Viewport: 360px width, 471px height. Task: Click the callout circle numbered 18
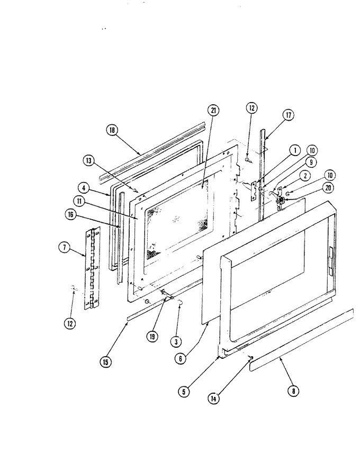pos(112,130)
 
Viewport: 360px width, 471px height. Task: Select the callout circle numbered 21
pos(213,111)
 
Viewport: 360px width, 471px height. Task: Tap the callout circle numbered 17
pos(288,115)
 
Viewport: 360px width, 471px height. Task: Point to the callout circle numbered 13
pos(88,161)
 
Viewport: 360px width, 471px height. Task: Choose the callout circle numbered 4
pos(83,188)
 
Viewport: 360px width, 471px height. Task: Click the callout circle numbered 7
pos(64,248)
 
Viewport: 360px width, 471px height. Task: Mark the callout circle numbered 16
pos(70,215)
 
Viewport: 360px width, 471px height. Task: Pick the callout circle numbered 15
pos(105,362)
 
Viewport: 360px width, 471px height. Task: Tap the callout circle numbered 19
pos(152,337)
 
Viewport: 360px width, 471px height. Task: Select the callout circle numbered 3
pos(176,341)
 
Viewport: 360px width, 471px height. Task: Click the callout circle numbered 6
pos(181,359)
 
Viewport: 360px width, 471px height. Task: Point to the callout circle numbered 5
pos(184,392)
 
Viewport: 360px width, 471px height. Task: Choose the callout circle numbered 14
pos(213,398)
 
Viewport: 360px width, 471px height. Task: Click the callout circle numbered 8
pos(294,391)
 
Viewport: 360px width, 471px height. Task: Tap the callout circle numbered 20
pos(328,188)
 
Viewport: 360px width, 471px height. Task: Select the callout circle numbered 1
pos(295,150)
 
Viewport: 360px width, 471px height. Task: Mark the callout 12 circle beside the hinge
pos(70,323)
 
